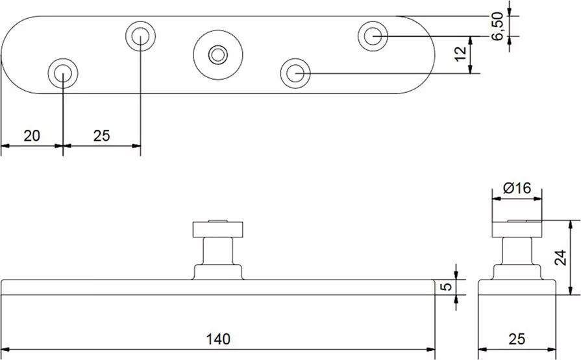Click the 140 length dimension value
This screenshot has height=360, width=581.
click(x=218, y=339)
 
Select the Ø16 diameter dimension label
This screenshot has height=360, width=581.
click(x=517, y=188)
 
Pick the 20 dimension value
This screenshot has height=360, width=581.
click(x=32, y=135)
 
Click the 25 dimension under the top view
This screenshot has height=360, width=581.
click(x=101, y=135)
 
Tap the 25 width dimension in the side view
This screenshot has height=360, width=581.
click(x=517, y=339)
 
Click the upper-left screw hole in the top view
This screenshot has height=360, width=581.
click(x=141, y=36)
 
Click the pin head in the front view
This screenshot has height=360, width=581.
click(x=218, y=228)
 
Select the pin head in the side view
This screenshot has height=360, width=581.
click(x=517, y=228)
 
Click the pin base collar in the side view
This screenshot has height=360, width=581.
click(x=517, y=272)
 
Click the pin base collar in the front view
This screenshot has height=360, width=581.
click(x=218, y=272)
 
